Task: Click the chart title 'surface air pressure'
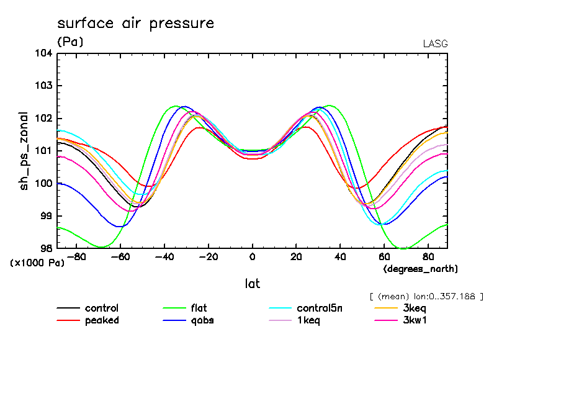click(135, 24)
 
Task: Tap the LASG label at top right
click(434, 44)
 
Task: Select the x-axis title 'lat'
click(252, 284)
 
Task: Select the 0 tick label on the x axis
click(252, 256)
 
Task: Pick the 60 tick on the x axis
click(384, 256)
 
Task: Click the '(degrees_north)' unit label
click(420, 268)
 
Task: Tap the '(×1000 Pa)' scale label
click(37, 263)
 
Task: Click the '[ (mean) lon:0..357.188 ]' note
click(425, 296)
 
